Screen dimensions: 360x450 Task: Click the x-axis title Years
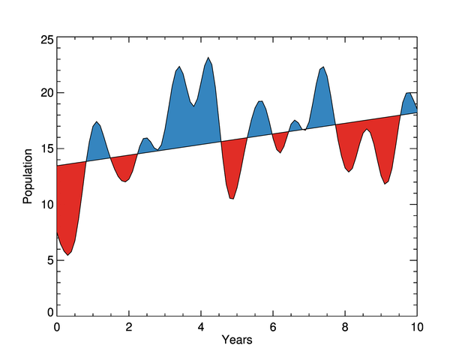pos(236,340)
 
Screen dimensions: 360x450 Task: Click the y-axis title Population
pos(28,176)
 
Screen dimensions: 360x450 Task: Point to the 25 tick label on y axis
pos(46,40)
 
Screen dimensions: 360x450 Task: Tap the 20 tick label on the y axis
pos(46,93)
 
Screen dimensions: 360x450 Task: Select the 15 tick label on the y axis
pos(46,148)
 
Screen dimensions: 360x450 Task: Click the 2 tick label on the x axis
pos(129,326)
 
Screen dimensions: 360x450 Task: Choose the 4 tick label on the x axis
pos(201,326)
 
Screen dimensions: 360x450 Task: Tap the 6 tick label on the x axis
pos(273,326)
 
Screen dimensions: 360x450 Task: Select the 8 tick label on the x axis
pos(345,326)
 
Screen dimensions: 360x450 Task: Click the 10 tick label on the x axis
pos(416,326)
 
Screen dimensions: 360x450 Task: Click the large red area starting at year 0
pos(69,202)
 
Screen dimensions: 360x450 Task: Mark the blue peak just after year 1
pos(97,142)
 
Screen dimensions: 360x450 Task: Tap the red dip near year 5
pos(232,165)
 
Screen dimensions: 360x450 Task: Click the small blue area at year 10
pos(409,103)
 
